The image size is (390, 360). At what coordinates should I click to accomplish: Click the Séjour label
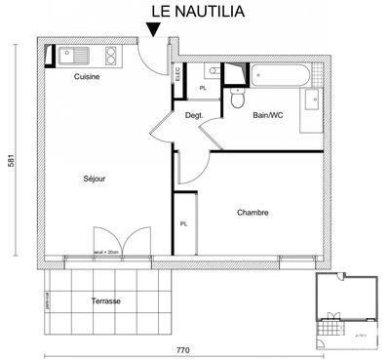[94, 179]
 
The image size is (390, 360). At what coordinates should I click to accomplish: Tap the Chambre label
[252, 212]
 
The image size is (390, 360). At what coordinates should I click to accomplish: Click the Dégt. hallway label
[193, 115]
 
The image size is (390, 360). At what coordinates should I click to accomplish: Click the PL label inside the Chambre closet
[183, 224]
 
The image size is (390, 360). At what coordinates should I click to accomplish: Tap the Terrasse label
[105, 301]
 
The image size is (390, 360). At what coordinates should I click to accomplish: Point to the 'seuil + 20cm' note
[106, 252]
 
